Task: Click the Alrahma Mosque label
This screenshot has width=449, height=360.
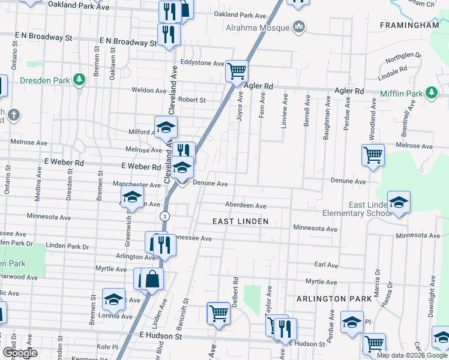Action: click(x=258, y=28)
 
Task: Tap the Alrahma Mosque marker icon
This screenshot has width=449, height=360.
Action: click(x=298, y=27)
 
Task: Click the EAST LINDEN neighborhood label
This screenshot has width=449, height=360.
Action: click(x=239, y=221)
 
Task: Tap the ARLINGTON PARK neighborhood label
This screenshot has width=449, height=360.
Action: click(x=330, y=298)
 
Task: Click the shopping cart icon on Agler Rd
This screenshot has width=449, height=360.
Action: click(x=237, y=71)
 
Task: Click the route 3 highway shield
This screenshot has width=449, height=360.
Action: click(x=164, y=215)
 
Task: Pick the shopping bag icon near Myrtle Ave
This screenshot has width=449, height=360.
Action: click(x=152, y=279)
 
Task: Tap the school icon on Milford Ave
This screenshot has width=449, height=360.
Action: click(x=166, y=127)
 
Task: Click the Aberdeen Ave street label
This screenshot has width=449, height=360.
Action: click(x=246, y=206)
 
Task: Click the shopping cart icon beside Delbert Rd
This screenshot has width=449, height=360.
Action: click(x=218, y=313)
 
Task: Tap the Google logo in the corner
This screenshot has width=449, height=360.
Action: click(x=19, y=352)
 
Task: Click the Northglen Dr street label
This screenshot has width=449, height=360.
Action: click(x=403, y=58)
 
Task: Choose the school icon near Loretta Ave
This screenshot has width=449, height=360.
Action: click(x=113, y=299)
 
